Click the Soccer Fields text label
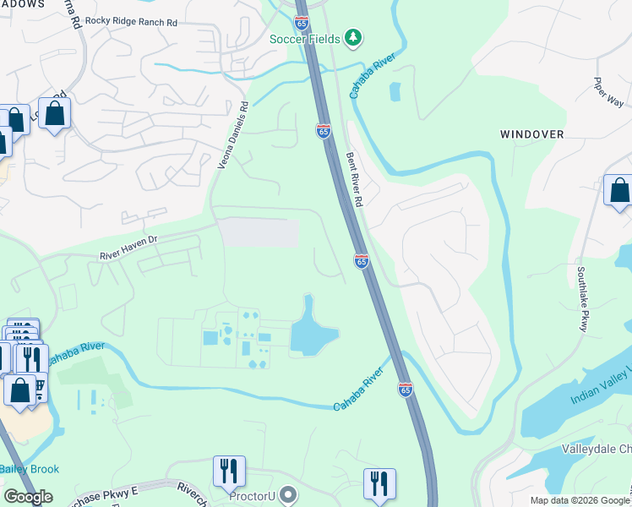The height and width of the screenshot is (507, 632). pyautogui.click(x=305, y=39)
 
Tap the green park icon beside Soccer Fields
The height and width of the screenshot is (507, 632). pyautogui.click(x=353, y=38)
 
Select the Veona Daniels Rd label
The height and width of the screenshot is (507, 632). pyautogui.click(x=233, y=135)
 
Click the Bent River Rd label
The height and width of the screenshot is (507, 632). pyautogui.click(x=353, y=179)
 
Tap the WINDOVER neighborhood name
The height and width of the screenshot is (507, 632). pyautogui.click(x=531, y=134)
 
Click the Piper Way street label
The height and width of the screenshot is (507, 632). pyautogui.click(x=608, y=91)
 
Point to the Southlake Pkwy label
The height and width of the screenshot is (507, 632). pyautogui.click(x=582, y=299)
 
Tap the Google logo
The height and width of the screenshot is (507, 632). pyautogui.click(x=29, y=497)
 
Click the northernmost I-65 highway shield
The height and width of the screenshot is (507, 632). pyautogui.click(x=323, y=130)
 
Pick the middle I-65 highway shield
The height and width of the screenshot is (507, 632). pyautogui.click(x=361, y=261)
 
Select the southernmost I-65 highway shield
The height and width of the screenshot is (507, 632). pyautogui.click(x=405, y=389)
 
